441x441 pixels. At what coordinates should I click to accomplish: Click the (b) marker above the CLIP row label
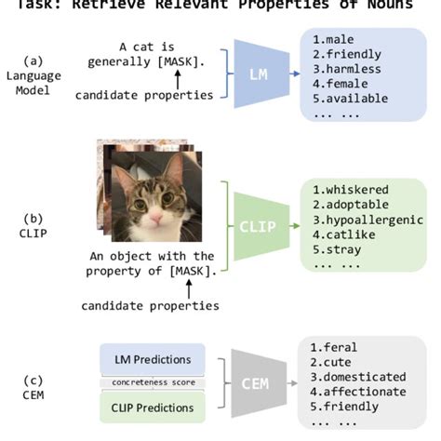pyautogui.click(x=33, y=219)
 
